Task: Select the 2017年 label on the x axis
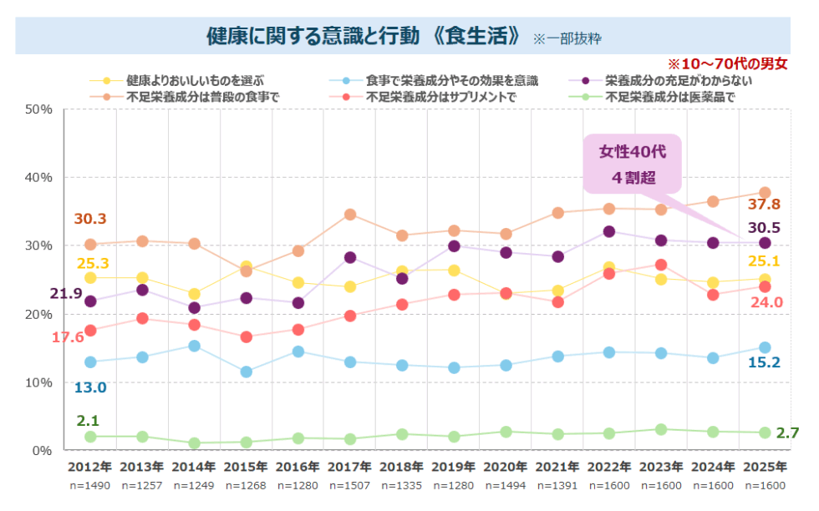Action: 349,467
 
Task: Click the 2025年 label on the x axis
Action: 764,467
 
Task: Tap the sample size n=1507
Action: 349,485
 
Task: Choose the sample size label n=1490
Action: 89,485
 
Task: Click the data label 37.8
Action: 764,205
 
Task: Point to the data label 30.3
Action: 90,219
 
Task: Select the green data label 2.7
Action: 789,433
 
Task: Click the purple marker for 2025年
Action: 765,243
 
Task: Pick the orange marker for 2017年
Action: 350,215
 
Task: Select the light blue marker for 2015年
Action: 247,372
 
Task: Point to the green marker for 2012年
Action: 89,437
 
